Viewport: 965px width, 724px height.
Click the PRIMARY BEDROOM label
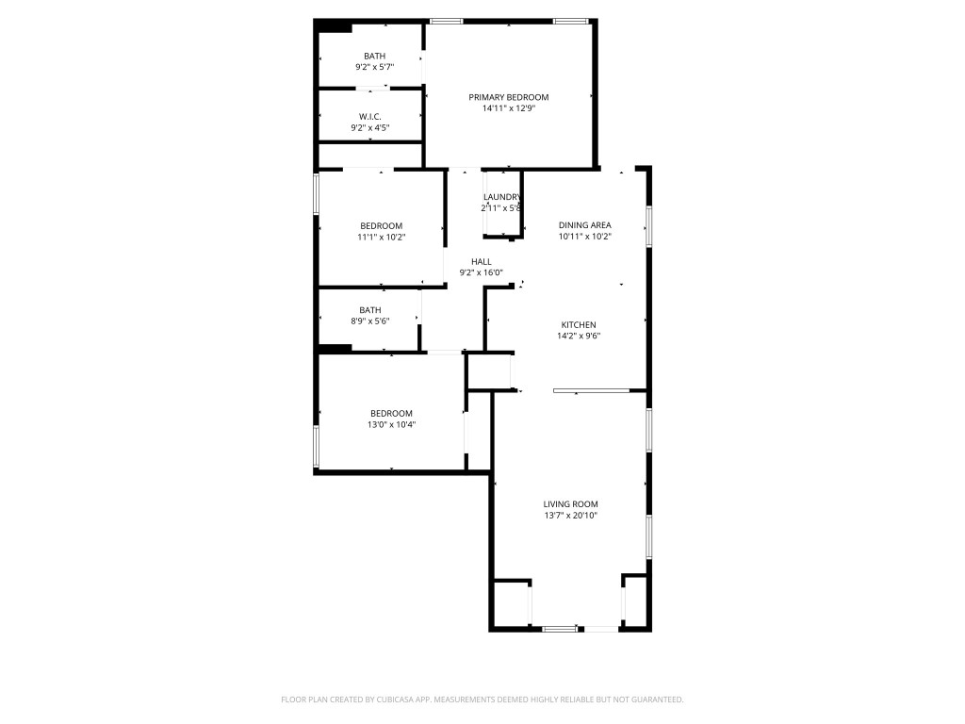click(x=509, y=97)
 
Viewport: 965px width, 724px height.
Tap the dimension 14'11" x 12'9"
click(x=509, y=108)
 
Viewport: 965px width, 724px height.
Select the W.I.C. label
click(x=369, y=116)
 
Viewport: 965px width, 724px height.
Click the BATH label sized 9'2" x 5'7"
click(x=374, y=56)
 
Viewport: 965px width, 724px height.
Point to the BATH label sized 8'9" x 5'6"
click(x=369, y=309)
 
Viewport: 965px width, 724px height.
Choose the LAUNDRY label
click(x=502, y=196)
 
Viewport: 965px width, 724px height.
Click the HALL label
click(x=482, y=261)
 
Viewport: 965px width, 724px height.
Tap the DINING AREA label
click(x=584, y=225)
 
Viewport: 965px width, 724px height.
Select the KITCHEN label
click(x=577, y=324)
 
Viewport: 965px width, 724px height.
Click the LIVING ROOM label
click(x=570, y=504)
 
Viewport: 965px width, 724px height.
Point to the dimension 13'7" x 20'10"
click(x=570, y=516)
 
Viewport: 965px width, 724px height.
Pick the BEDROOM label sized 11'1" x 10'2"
click(x=381, y=225)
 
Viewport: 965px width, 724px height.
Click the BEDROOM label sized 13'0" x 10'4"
click(x=391, y=413)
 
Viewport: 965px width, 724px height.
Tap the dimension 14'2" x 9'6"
click(x=577, y=336)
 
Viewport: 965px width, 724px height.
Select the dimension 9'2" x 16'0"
click(x=482, y=272)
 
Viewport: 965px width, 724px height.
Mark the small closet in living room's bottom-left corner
click(x=512, y=604)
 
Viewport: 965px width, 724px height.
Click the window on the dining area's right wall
click(x=648, y=226)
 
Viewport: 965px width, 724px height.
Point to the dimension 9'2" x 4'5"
click(x=369, y=127)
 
